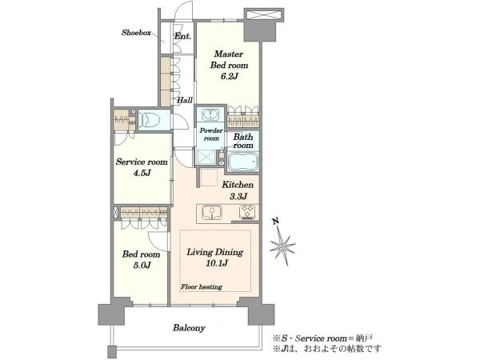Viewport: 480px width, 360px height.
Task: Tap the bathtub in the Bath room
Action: [x=243, y=162]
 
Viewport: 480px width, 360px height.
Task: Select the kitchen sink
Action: [x=211, y=213]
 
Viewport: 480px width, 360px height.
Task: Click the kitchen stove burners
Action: [x=248, y=212]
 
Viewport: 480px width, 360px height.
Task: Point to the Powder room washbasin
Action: [x=210, y=114]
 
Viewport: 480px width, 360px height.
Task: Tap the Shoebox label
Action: [x=136, y=33]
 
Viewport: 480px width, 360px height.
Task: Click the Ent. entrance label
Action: [x=182, y=36]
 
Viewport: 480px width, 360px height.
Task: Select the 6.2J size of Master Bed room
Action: [x=230, y=76]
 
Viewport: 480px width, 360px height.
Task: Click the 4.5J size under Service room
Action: [x=142, y=173]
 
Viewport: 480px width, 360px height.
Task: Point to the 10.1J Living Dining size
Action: [x=217, y=263]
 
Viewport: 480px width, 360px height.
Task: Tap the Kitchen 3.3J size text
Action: [x=238, y=197]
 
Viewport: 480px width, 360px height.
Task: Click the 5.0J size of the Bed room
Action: [x=142, y=265]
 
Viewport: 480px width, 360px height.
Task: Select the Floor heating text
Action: [x=202, y=287]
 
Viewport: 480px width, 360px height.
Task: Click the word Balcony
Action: [x=189, y=328]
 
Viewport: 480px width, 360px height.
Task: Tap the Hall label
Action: [x=185, y=100]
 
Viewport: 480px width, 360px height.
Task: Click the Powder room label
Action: [x=211, y=134]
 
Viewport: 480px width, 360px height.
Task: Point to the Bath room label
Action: [x=243, y=141]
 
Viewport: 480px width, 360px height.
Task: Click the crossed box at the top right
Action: [x=264, y=14]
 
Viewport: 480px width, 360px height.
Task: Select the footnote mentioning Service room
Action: [x=323, y=338]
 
